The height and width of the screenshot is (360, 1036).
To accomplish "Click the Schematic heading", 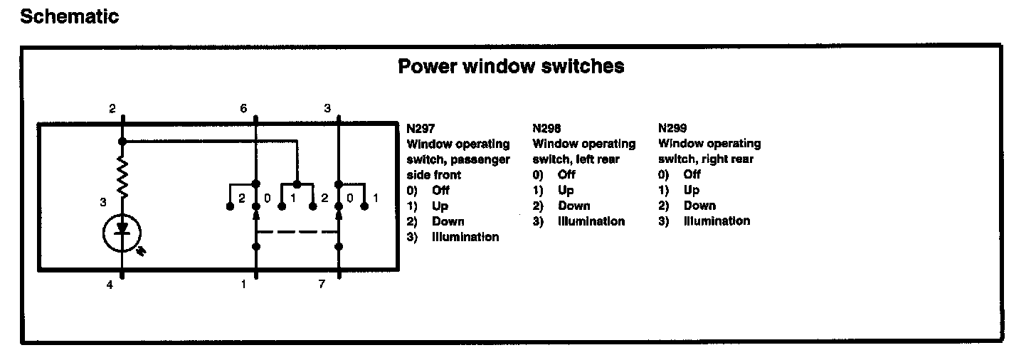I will click(69, 16).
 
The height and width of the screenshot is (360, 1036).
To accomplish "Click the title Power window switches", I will click(511, 66).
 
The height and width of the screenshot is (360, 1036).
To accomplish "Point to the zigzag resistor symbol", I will click(122, 178).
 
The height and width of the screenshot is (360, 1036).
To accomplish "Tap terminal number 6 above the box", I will click(243, 109).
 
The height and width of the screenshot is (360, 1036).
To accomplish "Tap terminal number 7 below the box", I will click(322, 285).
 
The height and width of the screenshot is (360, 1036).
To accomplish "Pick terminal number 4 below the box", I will click(110, 285).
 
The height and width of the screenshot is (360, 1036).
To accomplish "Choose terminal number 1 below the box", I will click(243, 285).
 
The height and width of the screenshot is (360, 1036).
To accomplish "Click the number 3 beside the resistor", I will click(104, 203).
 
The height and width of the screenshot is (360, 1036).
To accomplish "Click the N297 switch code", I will click(421, 129).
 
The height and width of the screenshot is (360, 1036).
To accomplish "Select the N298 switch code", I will click(547, 129).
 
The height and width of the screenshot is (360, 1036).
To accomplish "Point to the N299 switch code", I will click(673, 129).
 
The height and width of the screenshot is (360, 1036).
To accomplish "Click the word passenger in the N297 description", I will click(483, 159).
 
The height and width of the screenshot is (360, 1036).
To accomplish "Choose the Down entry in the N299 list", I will click(699, 206).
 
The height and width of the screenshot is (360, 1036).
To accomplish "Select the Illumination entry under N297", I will click(465, 237).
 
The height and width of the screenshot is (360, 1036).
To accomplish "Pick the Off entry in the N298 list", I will click(566, 175).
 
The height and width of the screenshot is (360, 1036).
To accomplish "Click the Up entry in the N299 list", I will click(692, 190).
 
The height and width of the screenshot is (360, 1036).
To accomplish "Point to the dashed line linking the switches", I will click(296, 232).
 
